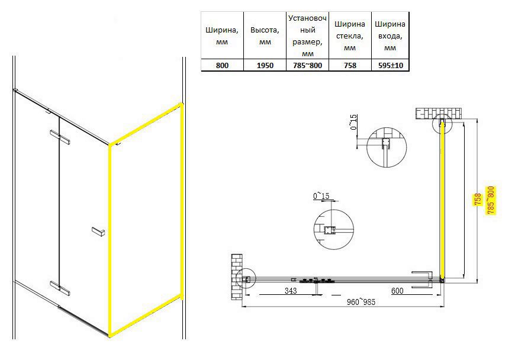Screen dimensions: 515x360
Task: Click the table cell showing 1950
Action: coord(265,65)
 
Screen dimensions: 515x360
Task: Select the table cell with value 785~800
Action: coord(307,65)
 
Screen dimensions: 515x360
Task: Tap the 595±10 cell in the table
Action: coord(390,65)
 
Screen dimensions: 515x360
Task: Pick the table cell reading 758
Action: coord(350,65)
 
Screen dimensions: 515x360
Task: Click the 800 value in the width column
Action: coord(222,65)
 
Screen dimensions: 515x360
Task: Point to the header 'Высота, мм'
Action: coord(265,36)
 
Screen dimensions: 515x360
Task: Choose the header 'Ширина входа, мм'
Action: coord(390,36)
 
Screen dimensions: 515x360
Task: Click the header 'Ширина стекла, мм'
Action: coord(350,36)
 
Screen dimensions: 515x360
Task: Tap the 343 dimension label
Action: coord(291,290)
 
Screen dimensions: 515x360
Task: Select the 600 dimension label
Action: coord(397,290)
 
